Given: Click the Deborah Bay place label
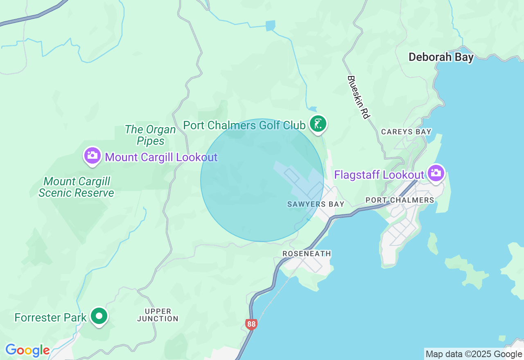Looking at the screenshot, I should (x=441, y=57).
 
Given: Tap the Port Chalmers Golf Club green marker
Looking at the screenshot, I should (x=318, y=124).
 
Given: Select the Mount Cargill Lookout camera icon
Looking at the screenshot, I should (x=93, y=156).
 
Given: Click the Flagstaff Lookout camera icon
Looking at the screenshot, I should (x=436, y=173).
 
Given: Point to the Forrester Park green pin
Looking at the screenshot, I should (x=99, y=316).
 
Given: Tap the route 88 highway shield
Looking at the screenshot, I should (x=251, y=324).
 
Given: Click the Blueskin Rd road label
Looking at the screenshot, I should (x=358, y=97).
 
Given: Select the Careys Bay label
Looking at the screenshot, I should (x=406, y=132).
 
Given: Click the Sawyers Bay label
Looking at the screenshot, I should (x=316, y=204).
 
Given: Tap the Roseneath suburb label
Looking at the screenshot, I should (x=307, y=254).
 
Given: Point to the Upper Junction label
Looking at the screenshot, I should (x=158, y=315).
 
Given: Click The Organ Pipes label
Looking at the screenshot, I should (x=150, y=135).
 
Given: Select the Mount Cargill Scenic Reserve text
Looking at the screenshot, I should (x=77, y=187).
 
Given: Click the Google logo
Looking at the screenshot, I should (x=27, y=351).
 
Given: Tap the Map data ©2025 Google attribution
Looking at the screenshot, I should (x=474, y=354).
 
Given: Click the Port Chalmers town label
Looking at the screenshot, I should (x=400, y=200).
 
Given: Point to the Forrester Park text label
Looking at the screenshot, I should (x=50, y=317).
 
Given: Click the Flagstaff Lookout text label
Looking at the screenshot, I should (x=379, y=175).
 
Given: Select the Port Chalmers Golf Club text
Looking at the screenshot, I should (x=244, y=125).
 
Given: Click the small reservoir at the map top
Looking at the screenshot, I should (x=270, y=26).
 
